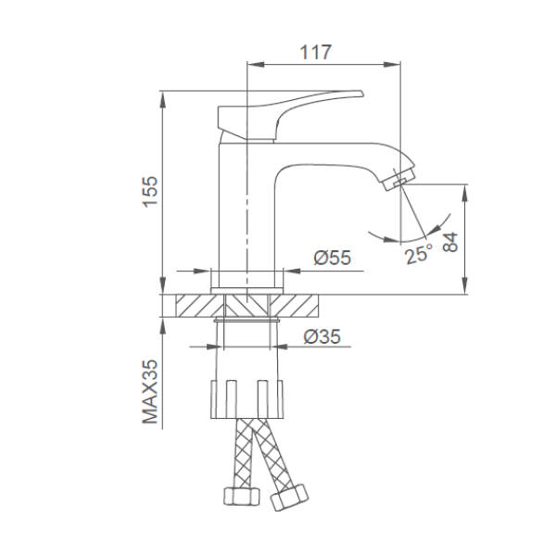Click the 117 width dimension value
tap(316, 52)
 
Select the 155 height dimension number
tap(150, 191)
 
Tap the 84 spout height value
tap(450, 242)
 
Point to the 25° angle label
tap(419, 254)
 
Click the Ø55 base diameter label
tap(333, 258)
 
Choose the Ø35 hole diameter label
tap(322, 336)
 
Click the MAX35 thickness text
tap(150, 391)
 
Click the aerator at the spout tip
tap(398, 180)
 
